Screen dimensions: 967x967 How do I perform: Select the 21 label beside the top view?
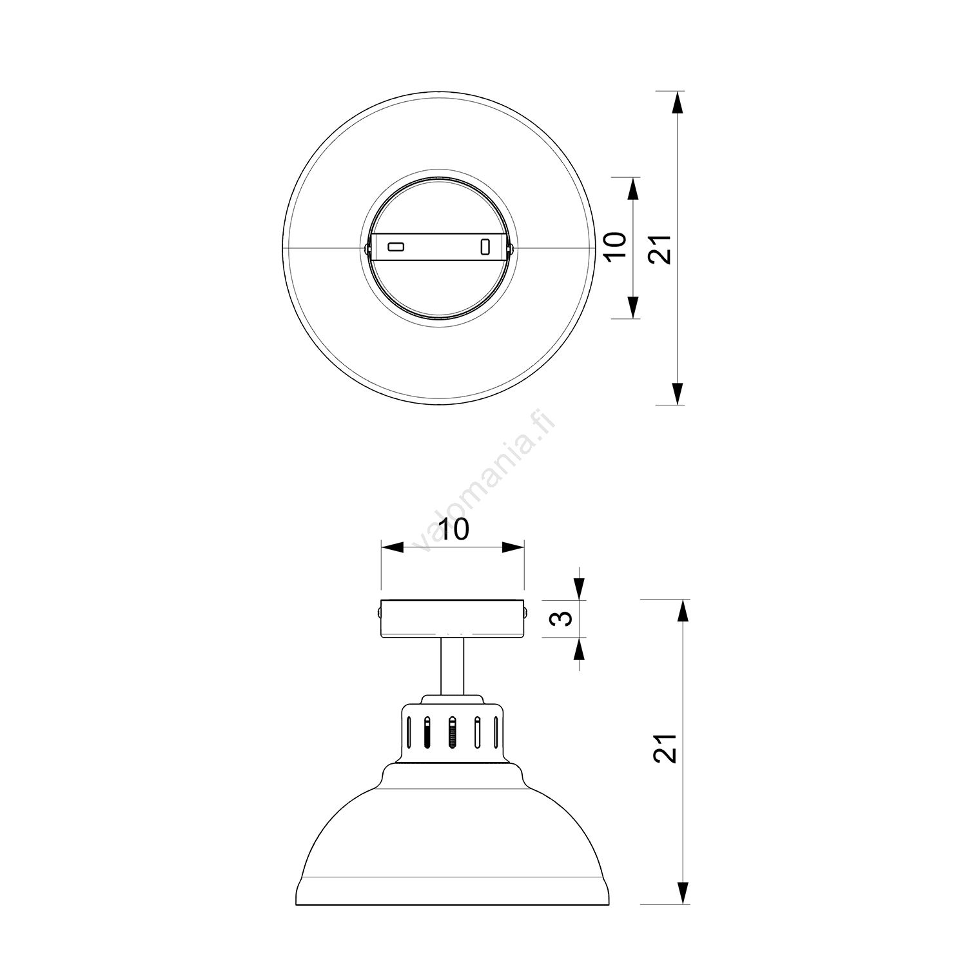(x=660, y=248)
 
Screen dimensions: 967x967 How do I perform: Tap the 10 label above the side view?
(x=453, y=529)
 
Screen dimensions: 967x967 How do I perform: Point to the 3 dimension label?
(x=563, y=619)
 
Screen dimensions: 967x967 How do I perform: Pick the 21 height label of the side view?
(x=665, y=748)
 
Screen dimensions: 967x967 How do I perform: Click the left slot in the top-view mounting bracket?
(x=395, y=246)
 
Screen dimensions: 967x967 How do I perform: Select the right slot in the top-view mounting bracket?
(x=486, y=247)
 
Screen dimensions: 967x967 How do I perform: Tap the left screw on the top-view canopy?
(x=367, y=247)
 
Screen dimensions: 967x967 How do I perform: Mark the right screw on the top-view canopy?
(x=510, y=247)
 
